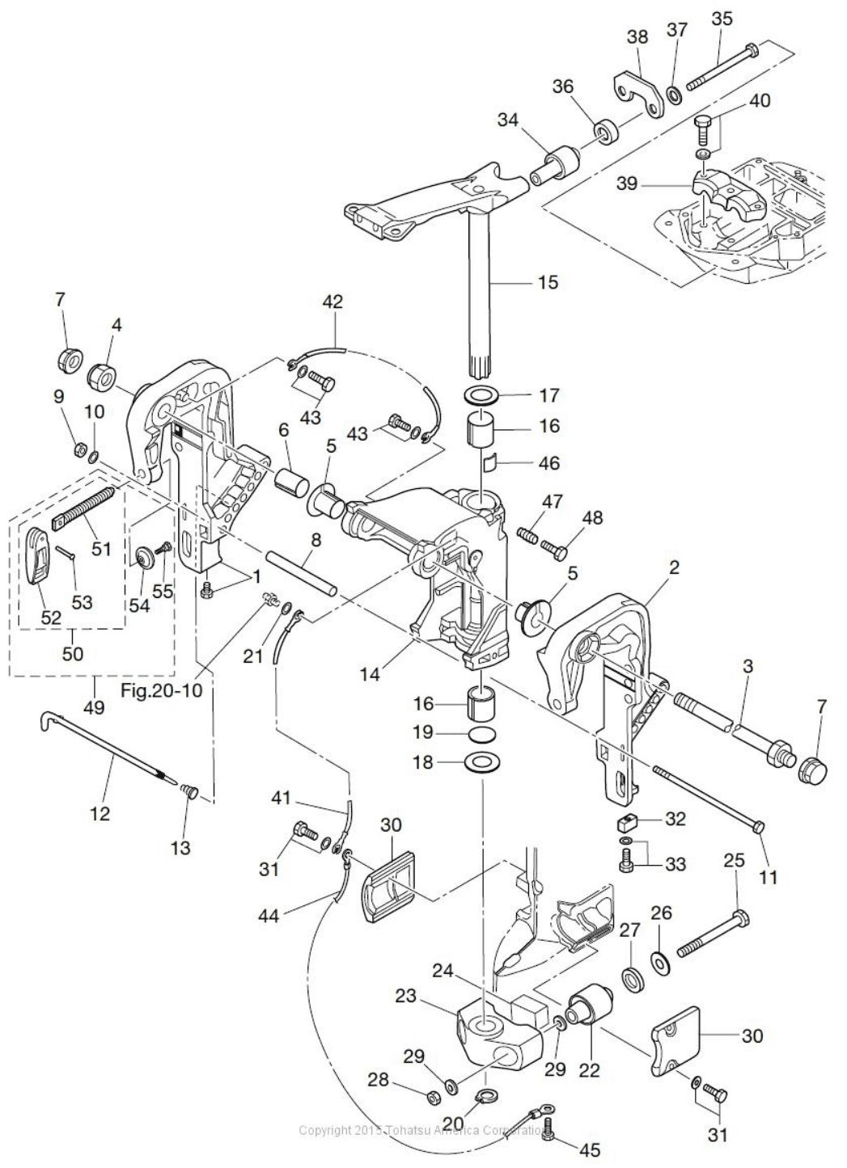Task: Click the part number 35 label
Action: click(x=722, y=19)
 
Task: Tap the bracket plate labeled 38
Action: click(x=638, y=91)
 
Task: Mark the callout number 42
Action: click(x=333, y=301)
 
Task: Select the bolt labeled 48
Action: click(x=553, y=549)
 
